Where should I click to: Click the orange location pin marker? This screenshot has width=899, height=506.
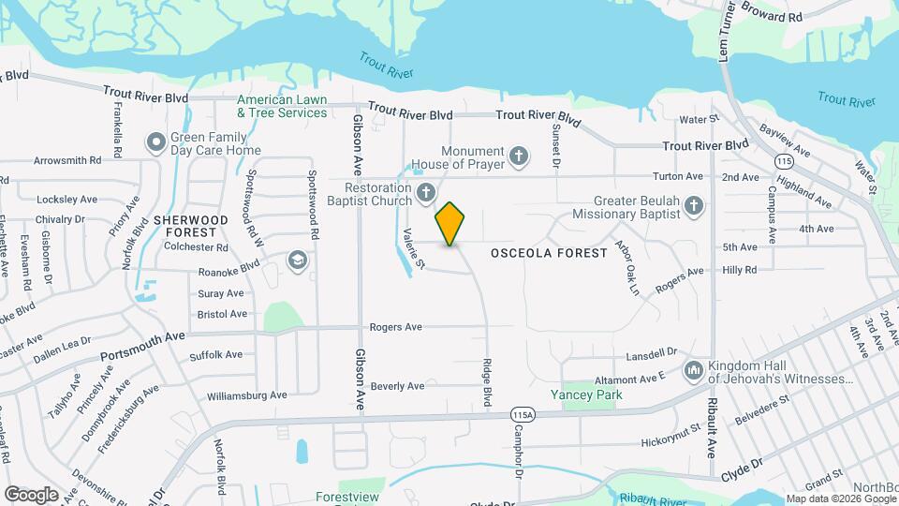pyautogui.click(x=450, y=223)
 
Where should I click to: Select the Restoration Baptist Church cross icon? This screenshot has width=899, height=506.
pyautogui.click(x=426, y=194)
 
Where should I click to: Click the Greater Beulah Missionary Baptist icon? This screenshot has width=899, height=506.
pyautogui.click(x=693, y=205)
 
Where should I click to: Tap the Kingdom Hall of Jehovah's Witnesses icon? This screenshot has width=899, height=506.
pyautogui.click(x=694, y=372)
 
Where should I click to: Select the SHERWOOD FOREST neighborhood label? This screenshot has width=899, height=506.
pyautogui.click(x=191, y=225)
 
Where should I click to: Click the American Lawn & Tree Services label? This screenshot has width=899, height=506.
pyautogui.click(x=282, y=106)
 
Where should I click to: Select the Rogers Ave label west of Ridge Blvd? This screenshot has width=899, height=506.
pyautogui.click(x=395, y=327)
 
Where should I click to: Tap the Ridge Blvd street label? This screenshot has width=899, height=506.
pyautogui.click(x=486, y=382)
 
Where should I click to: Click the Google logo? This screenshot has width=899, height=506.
pyautogui.click(x=31, y=494)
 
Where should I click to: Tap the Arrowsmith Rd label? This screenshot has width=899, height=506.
pyautogui.click(x=66, y=161)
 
